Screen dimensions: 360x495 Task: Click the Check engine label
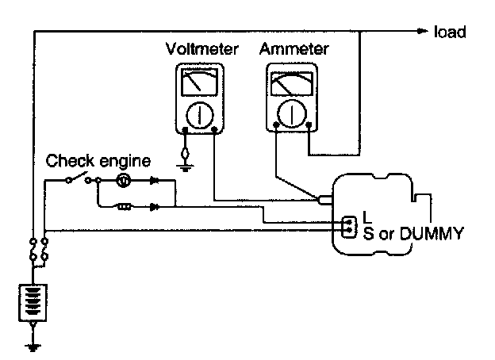[98, 162]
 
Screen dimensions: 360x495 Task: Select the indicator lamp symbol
[124, 180]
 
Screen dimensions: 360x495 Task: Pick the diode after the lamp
[153, 180]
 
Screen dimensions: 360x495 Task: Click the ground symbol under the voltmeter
[185, 164]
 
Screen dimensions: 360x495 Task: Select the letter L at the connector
[366, 216]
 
